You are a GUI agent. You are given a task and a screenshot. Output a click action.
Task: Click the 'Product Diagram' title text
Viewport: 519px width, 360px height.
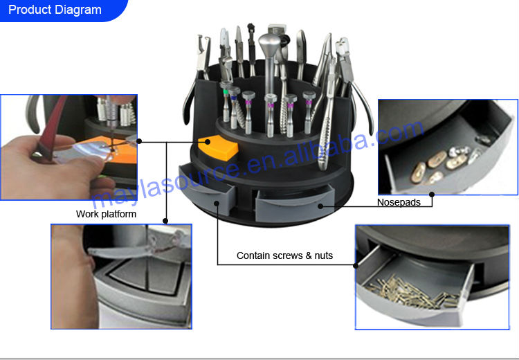[x=55, y=10]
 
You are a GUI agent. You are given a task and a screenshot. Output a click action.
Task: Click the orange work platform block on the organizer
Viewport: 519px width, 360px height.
[x=219, y=147]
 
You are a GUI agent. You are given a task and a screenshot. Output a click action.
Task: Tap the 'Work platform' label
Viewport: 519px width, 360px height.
[x=106, y=214]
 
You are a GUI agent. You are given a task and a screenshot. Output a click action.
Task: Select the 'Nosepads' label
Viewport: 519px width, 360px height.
[x=399, y=202]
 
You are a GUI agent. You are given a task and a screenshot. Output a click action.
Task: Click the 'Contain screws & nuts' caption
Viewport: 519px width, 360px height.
[x=284, y=255]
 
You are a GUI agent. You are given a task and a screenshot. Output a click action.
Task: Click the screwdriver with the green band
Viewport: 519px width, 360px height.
[x=226, y=101]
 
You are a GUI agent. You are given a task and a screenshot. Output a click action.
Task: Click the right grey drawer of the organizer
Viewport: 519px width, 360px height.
[x=295, y=202]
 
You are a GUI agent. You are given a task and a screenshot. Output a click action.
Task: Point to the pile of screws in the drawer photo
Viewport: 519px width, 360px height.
[x=410, y=291]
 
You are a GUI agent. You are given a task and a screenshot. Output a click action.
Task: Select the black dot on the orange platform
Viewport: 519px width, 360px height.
[x=208, y=142]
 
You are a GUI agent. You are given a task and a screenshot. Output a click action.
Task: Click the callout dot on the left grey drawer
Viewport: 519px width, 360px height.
[x=217, y=203]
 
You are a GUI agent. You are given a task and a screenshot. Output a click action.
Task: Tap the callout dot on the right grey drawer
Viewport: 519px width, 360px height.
[x=320, y=206]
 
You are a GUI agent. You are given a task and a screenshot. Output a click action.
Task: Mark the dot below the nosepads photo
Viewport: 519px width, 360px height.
[x=432, y=195]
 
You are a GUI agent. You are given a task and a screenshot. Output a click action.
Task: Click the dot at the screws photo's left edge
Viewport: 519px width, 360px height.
[x=356, y=265]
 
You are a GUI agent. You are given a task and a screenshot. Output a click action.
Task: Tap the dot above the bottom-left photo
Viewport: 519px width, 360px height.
[x=165, y=221]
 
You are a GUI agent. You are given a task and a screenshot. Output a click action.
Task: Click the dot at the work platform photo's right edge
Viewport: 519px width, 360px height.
[x=139, y=141]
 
